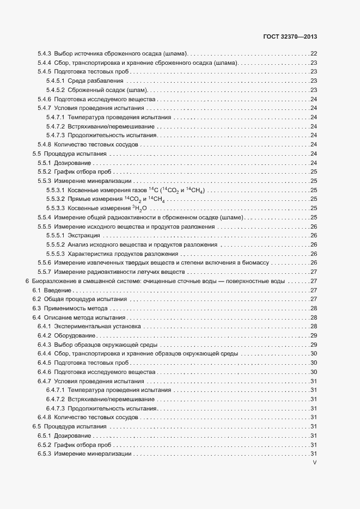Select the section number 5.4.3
(x=44, y=53)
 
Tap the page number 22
(x=314, y=53)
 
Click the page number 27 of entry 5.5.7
(x=314, y=272)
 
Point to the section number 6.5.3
(x=44, y=454)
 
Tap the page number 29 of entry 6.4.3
(x=314, y=345)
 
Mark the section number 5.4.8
(x=44, y=144)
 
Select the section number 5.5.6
(x=44, y=262)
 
